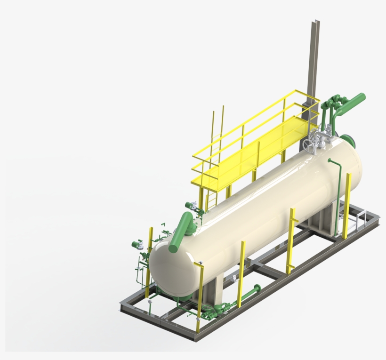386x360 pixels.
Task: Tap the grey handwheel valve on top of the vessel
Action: (x=310, y=146)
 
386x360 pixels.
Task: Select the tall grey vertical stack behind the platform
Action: (x=313, y=61)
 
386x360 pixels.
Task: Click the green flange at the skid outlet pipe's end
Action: (x=257, y=288)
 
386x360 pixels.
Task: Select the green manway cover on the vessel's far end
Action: (x=348, y=140)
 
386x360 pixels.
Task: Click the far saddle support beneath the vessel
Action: (x=325, y=219)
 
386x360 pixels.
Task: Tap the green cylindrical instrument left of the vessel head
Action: (x=137, y=244)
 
